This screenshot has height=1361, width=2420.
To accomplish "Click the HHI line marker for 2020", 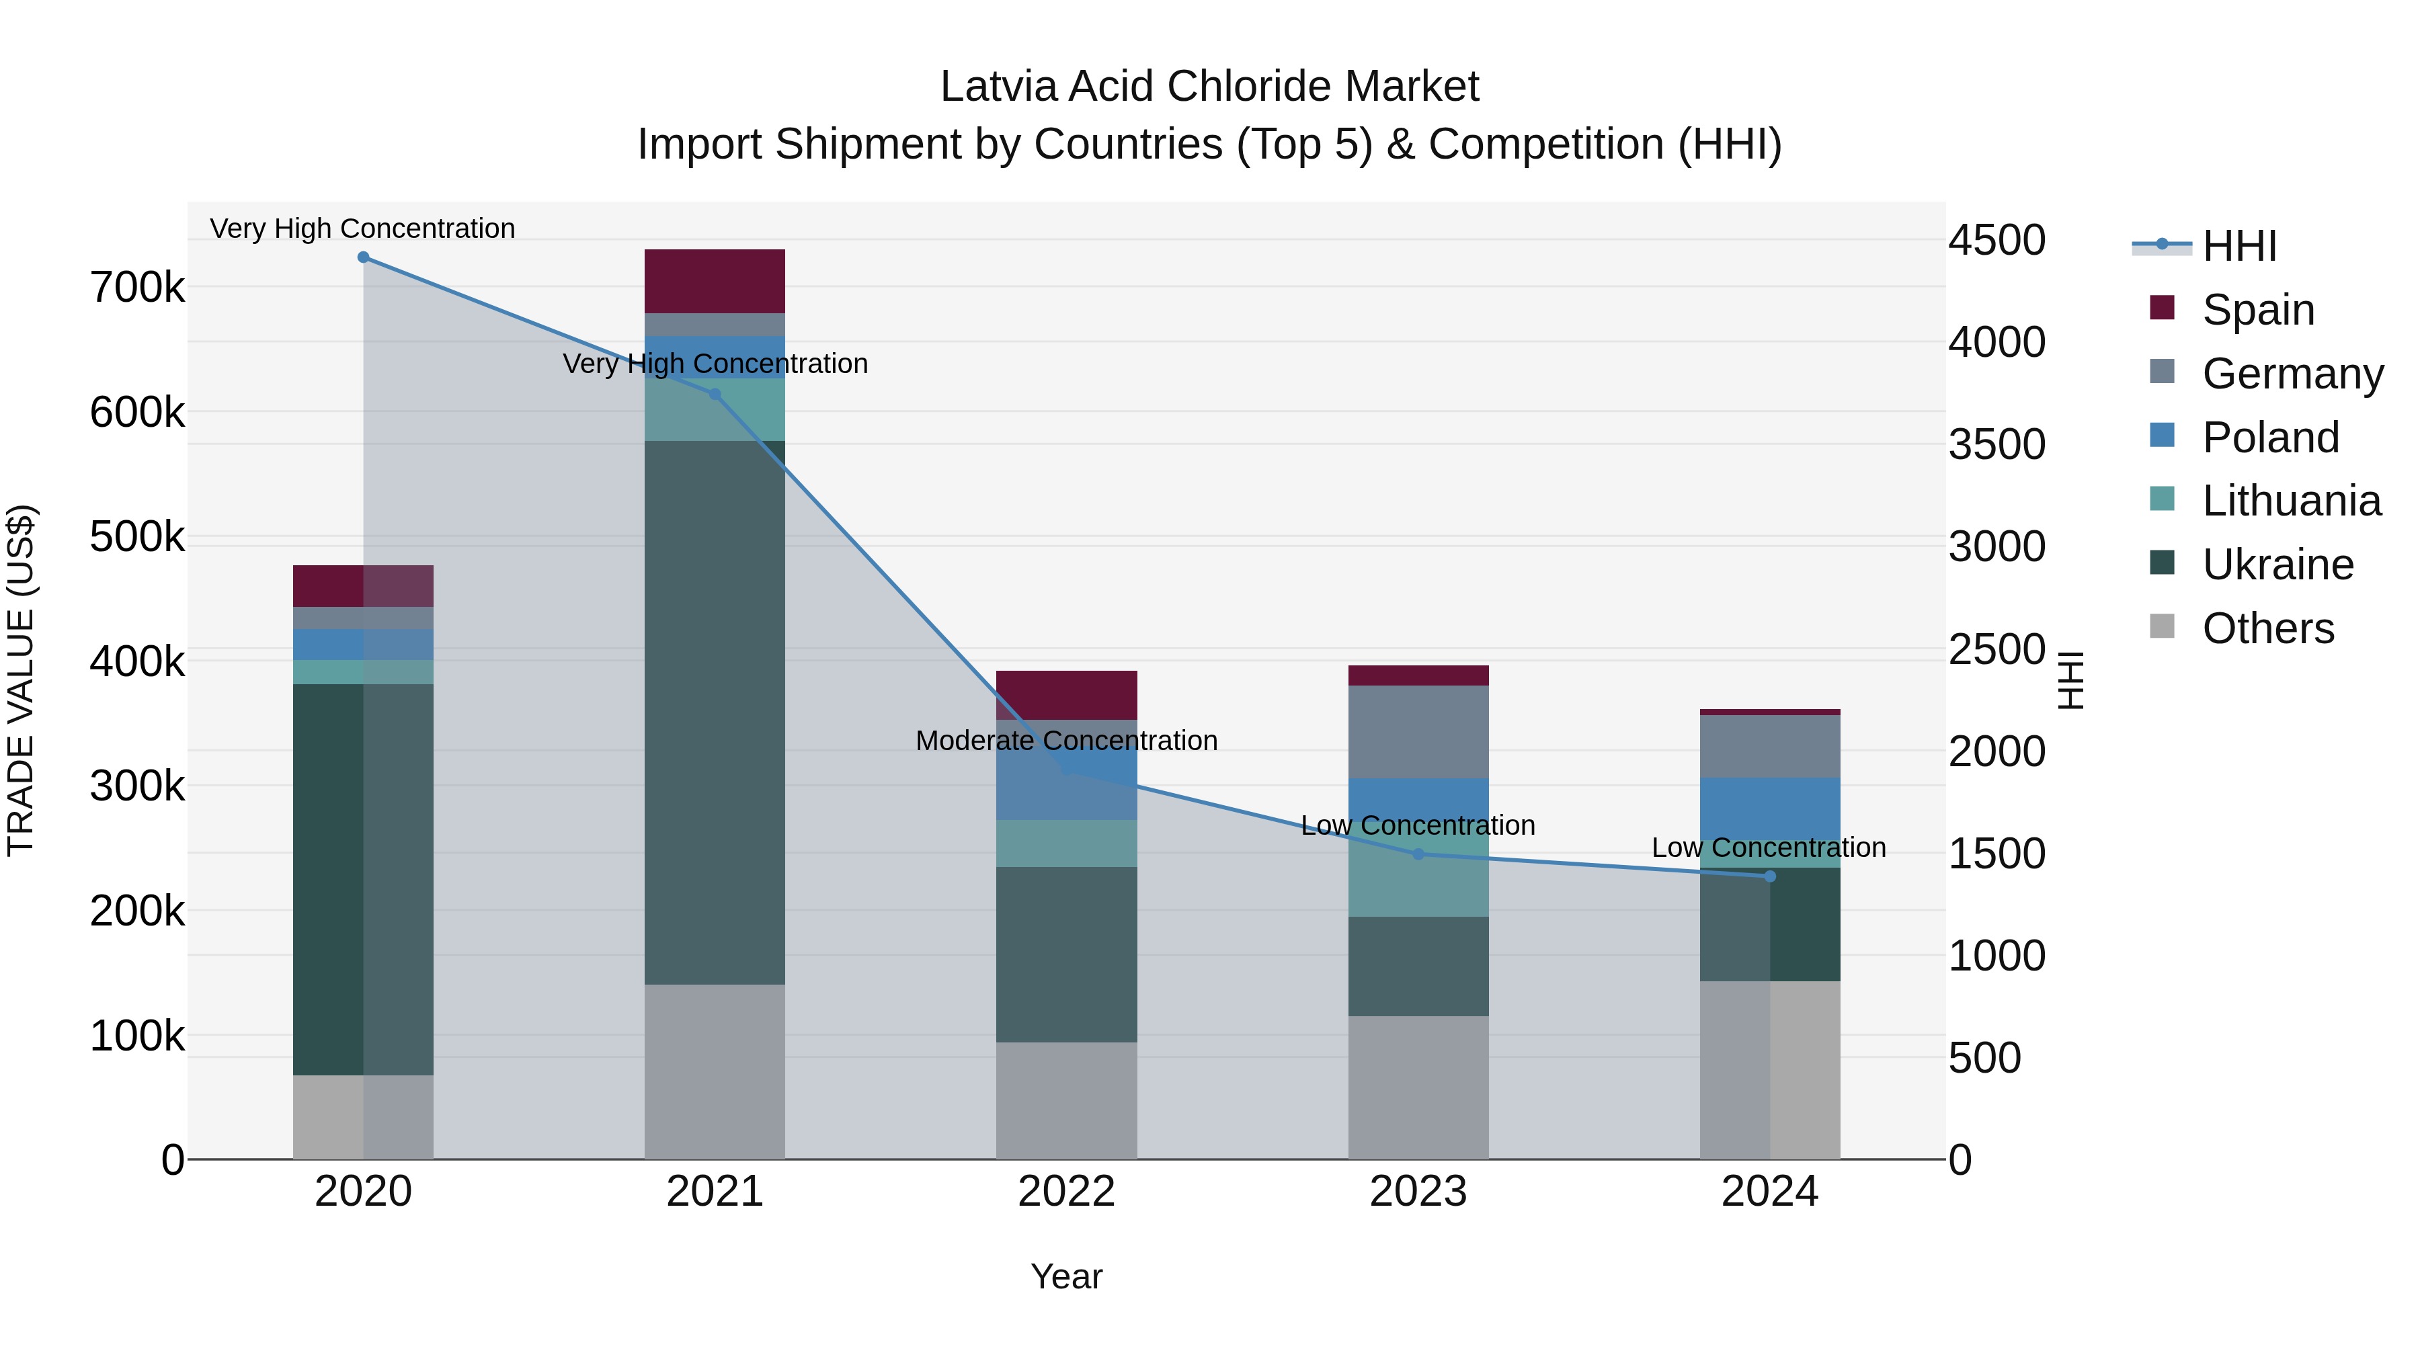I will (364, 257).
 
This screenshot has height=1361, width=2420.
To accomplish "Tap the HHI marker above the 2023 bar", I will (1418, 854).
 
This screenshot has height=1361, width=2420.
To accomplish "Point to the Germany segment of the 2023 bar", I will (1418, 732).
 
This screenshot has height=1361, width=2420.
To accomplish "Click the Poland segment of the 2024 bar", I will (1770, 808).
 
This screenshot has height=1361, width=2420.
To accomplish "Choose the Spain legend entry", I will (2257, 310).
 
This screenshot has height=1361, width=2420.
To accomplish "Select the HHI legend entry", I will (2238, 246).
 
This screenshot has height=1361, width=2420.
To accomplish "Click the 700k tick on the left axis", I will (137, 288).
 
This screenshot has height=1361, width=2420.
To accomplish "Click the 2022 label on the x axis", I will (1066, 1191).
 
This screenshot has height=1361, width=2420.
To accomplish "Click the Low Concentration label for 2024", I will (1768, 848).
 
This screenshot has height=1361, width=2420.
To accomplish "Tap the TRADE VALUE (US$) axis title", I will (21, 680).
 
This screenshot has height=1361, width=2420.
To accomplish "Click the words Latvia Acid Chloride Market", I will (1209, 87).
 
